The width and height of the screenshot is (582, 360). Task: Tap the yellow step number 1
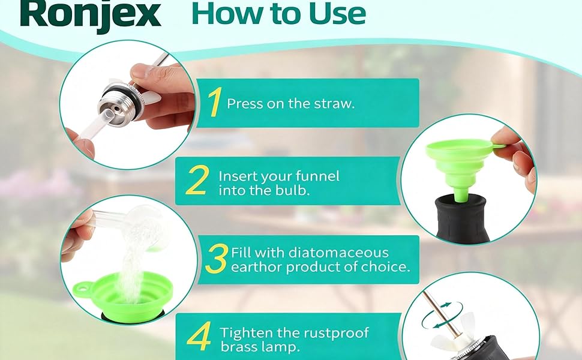215,103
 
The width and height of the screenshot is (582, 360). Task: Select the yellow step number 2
197,181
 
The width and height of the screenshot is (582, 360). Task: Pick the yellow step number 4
199,338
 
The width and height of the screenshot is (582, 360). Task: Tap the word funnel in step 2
317,176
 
